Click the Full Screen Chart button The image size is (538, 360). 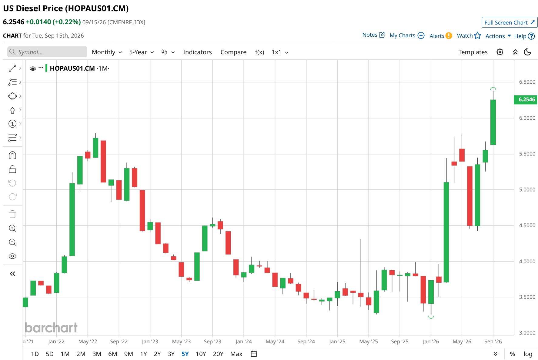coord(510,22)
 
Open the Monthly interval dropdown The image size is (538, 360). coord(107,52)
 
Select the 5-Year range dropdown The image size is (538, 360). coord(141,52)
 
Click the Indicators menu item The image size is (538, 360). coord(197,52)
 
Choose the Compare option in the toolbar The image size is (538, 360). coord(233,52)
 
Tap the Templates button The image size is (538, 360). coord(473,52)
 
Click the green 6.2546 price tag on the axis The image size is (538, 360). coord(526,99)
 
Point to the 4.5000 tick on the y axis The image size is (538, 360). coord(527,225)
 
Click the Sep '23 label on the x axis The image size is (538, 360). coord(212,342)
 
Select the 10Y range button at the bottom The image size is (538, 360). coord(201,354)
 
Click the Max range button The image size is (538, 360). coord(236,354)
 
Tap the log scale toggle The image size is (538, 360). coord(528,354)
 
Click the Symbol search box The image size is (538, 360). coord(47,52)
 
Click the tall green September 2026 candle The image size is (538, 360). coord(493,122)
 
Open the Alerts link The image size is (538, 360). coord(441,36)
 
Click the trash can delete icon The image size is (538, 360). coord(12,214)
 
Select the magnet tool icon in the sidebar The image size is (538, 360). coord(12,155)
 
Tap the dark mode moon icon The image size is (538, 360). coord(527,52)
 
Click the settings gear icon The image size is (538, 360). coord(500,52)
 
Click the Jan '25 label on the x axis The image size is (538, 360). coord(337,342)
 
